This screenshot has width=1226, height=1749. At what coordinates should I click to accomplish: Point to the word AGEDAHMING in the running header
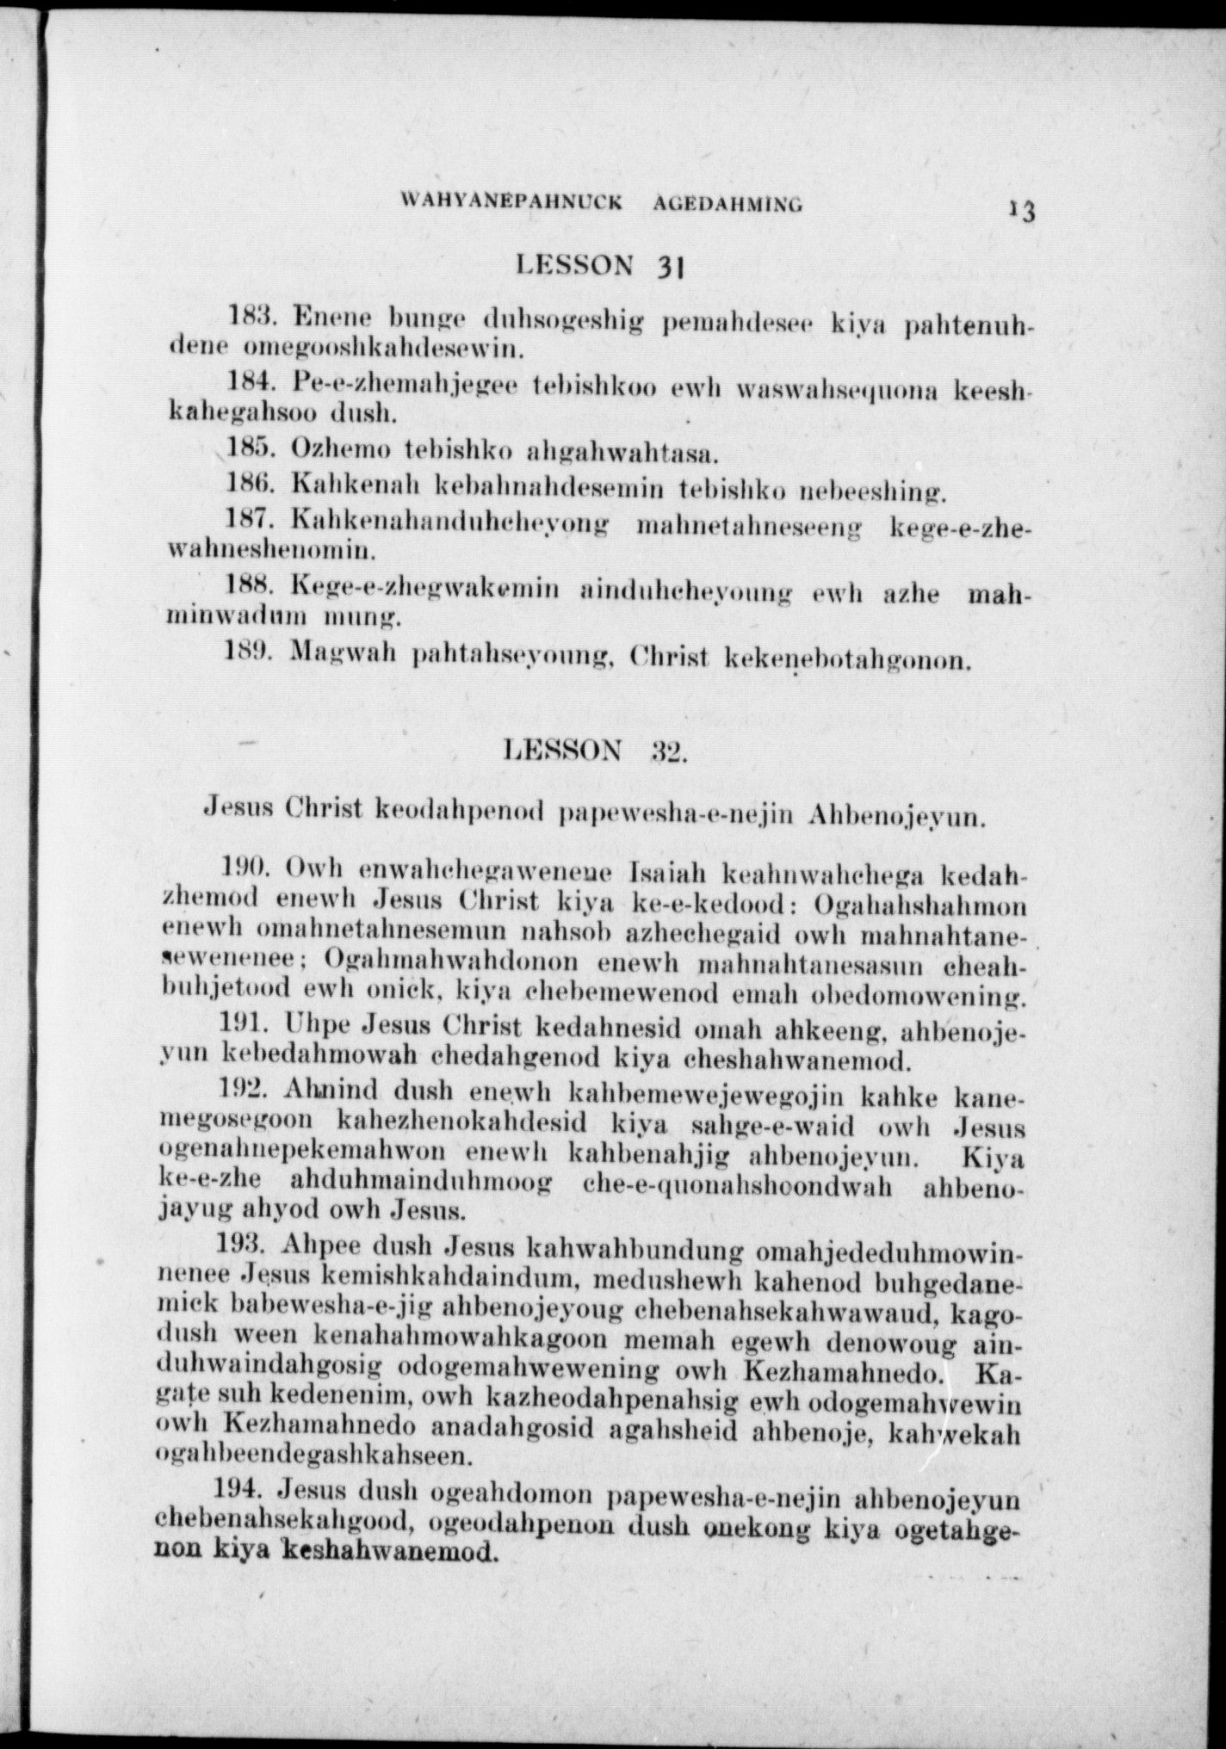(x=728, y=205)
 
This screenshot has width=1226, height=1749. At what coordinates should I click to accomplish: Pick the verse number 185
(x=249, y=448)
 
